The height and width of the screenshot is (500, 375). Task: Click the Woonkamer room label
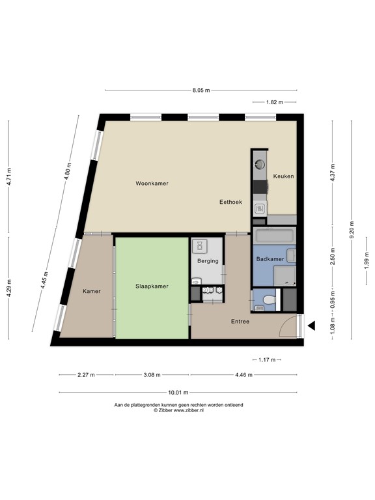[152, 184]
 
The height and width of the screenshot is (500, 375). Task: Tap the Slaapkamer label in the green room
[152, 286]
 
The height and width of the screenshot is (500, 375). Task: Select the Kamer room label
[91, 291]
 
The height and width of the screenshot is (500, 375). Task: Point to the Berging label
[207, 261]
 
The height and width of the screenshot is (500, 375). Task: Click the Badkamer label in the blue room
[269, 258]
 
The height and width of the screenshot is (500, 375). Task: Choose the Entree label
[240, 322]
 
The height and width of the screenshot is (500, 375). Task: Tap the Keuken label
[284, 176]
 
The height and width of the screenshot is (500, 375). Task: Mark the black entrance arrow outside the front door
[312, 326]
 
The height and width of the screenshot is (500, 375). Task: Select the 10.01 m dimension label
[177, 393]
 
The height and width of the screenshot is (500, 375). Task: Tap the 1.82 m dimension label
[274, 102]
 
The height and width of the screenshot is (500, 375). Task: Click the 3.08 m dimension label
[152, 375]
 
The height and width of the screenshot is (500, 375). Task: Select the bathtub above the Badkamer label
[274, 235]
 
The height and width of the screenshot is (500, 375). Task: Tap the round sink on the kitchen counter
[259, 163]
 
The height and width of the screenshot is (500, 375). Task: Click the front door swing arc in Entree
[286, 326]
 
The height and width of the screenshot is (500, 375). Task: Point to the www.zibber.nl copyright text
[178, 411]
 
